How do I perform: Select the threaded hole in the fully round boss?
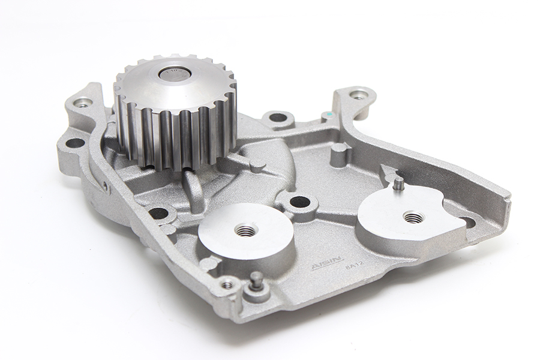click(x=244, y=230)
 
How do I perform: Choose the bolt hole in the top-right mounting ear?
click(x=358, y=95)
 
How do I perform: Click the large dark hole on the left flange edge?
click(x=75, y=143)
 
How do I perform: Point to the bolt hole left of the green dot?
click(x=278, y=117)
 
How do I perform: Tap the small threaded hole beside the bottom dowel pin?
click(x=227, y=284)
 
